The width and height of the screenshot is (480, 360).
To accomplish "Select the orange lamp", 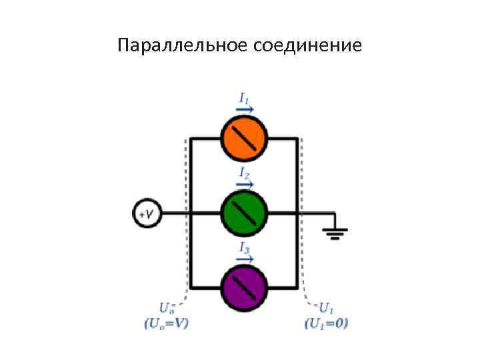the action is click(244, 139).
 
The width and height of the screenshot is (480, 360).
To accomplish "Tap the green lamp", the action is click(244, 213).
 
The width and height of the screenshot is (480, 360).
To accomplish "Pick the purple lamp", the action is click(244, 287).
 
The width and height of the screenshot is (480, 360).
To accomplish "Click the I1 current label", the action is click(245, 97).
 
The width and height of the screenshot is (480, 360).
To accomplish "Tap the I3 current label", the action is click(245, 249).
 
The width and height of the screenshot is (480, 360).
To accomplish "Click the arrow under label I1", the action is click(245, 108).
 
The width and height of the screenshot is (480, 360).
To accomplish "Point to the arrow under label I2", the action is click(245, 184).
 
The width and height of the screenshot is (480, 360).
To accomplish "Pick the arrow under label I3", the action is click(245, 259).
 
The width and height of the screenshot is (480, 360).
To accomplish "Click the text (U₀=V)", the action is click(166, 323).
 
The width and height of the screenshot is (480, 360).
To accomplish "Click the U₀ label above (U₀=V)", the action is click(167, 309).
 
